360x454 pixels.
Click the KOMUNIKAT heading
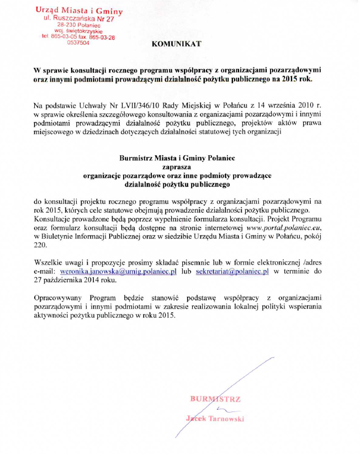click(177, 44)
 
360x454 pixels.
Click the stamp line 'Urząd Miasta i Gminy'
click(79, 10)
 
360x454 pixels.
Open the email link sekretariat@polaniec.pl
click(232, 271)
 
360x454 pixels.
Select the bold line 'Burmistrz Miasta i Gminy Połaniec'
click(177, 157)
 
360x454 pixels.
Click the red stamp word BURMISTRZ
click(215, 398)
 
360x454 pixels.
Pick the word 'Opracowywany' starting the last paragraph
click(57, 298)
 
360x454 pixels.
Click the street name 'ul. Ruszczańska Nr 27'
click(79, 18)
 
